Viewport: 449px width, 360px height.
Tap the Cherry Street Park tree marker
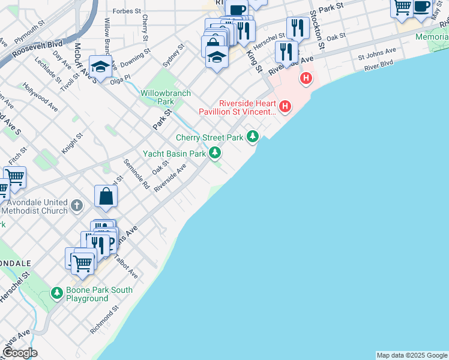tap(253, 137)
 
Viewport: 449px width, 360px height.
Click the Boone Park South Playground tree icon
tap(57, 293)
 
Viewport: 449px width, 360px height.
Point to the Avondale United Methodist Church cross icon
tap(76, 206)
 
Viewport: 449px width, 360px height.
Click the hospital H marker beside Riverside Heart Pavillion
tap(285, 107)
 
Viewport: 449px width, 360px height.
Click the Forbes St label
tap(126, 11)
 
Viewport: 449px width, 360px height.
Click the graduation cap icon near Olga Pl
tap(101, 67)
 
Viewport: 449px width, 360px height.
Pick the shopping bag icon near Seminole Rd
tap(106, 196)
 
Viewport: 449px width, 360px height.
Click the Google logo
tap(19, 353)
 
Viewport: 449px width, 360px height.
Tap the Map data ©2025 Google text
tap(412, 355)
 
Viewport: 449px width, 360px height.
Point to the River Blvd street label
tap(378, 65)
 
